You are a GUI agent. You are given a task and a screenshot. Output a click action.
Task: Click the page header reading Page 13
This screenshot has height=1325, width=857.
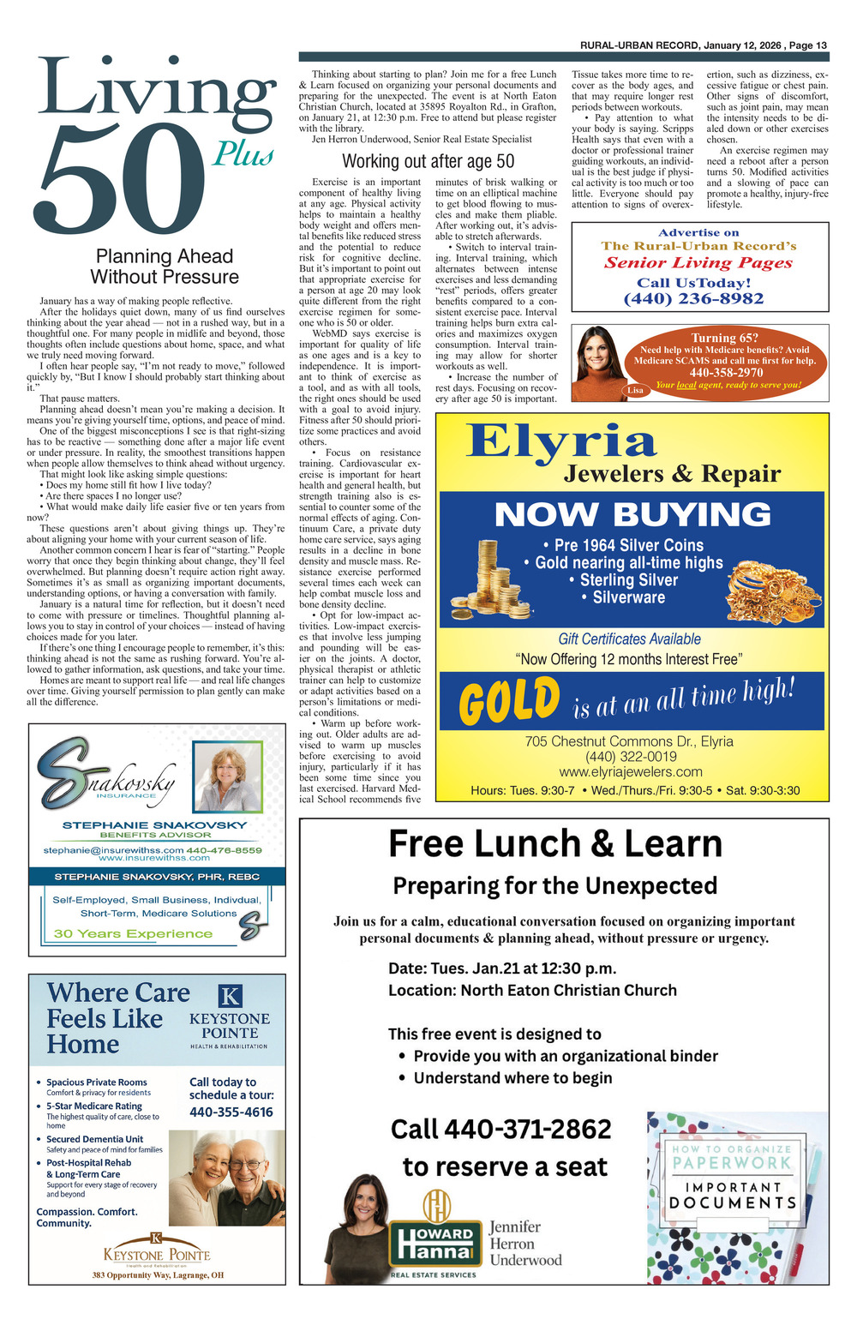808,45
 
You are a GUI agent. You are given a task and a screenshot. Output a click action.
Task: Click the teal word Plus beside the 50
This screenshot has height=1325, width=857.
243,154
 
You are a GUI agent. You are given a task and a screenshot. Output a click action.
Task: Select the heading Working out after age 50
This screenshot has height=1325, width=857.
428,161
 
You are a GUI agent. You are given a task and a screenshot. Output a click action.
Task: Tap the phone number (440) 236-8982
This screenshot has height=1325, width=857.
693,298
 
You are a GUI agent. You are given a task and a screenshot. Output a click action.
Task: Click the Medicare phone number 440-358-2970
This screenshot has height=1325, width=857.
726,373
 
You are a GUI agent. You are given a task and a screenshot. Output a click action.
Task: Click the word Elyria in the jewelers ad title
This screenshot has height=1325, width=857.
561,441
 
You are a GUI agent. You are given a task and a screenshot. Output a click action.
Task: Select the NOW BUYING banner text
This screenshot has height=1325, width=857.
632,514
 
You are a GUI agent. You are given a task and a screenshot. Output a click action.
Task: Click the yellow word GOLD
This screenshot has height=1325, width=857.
509,700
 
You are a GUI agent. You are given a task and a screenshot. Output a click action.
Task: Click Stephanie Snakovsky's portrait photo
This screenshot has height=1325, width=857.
227,777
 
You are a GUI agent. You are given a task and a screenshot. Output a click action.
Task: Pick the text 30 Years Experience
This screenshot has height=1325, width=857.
133,933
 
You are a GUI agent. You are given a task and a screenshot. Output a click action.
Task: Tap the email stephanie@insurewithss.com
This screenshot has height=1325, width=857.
113,850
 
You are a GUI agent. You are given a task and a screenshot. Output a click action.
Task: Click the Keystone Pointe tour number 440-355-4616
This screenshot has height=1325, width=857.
231,1112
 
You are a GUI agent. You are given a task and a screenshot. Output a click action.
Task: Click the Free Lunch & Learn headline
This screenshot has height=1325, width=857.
555,844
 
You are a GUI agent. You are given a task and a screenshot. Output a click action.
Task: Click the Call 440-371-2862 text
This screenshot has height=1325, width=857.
501,1129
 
